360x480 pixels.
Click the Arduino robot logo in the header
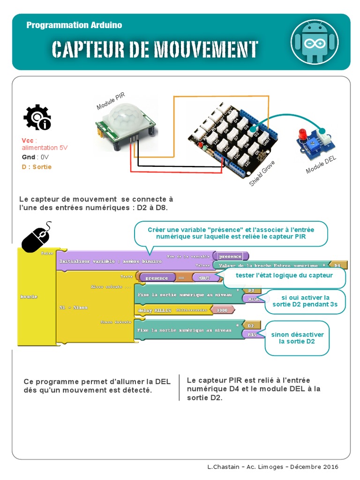pos(314,42)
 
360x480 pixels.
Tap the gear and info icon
pos(37,117)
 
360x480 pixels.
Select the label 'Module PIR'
pos(111,101)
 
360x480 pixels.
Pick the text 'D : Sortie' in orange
pos(37,167)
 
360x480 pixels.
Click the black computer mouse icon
pos(36,238)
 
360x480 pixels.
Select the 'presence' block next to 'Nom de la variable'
pos(230,256)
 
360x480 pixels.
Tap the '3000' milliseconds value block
pos(222,310)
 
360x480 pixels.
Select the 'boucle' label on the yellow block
pos(29,297)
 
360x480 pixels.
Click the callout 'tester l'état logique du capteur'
pos(284,276)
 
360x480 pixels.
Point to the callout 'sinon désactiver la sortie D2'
pos(297,338)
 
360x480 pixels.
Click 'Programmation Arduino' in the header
pos(74,25)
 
